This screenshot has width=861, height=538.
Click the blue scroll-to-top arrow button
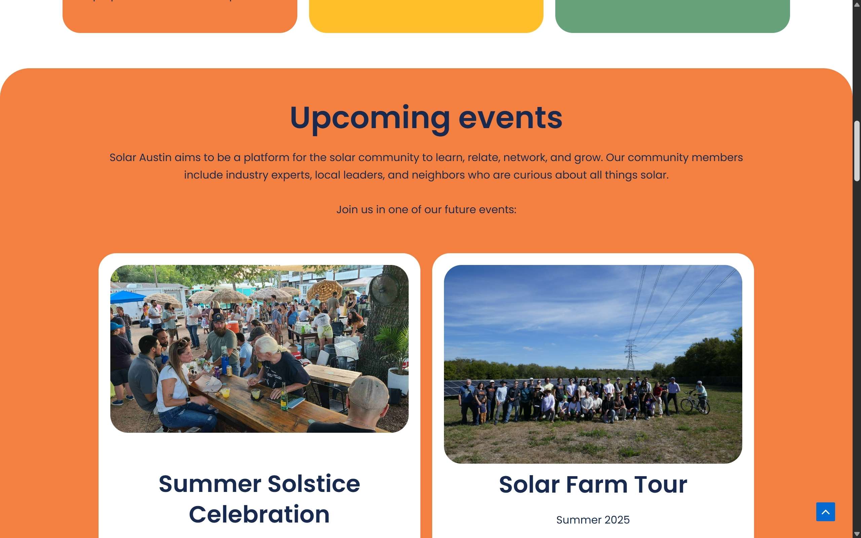pos(825,512)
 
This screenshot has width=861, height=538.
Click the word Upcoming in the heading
pos(370,118)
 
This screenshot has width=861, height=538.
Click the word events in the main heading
pos(510,118)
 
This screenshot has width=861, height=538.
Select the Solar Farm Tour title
pos(593,484)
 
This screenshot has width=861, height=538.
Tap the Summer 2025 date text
pos(593,520)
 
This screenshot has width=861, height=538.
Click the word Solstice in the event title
pos(313,484)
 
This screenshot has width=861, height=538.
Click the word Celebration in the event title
pos(259,514)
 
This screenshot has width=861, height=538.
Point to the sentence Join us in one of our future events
pos(426,209)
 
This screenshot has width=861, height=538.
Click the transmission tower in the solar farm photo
pos(631,356)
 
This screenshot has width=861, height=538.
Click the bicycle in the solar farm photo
pos(694,404)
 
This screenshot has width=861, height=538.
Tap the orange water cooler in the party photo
pos(233,326)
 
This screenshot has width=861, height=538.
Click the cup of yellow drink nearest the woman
pos(225,392)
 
